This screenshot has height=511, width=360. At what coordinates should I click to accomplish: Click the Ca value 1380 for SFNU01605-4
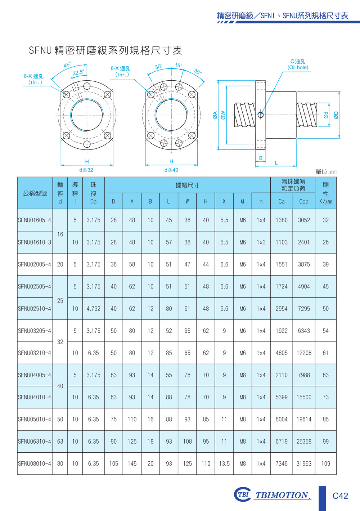click(x=282, y=220)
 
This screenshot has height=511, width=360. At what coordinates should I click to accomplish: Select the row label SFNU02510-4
click(x=35, y=309)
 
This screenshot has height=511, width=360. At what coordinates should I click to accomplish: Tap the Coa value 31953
click(x=304, y=463)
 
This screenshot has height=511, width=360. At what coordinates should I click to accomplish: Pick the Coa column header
click(x=304, y=201)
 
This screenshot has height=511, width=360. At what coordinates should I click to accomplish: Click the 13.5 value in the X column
click(x=224, y=463)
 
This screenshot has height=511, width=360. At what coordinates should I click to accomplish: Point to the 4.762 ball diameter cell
click(x=93, y=309)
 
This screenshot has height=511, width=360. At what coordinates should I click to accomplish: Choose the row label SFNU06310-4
click(x=35, y=441)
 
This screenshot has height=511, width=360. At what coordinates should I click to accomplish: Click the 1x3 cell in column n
click(x=261, y=242)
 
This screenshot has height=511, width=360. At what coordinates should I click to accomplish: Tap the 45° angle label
click(x=67, y=65)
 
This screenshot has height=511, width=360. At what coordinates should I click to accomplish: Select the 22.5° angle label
click(x=78, y=72)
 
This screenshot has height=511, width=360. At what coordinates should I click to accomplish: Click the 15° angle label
click(x=179, y=66)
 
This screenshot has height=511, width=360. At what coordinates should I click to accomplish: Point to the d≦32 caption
click(x=86, y=170)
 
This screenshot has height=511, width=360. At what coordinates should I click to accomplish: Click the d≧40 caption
click(x=171, y=170)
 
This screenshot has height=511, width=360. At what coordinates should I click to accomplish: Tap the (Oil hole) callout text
click(x=298, y=68)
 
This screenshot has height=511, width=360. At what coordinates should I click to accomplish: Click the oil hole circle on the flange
click(x=261, y=115)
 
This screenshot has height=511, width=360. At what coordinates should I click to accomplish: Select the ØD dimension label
click(x=336, y=115)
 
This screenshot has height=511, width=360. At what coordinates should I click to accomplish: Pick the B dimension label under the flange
click(x=261, y=158)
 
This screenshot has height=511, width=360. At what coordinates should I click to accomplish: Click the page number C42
click(x=340, y=496)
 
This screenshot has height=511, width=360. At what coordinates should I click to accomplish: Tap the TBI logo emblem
click(x=243, y=494)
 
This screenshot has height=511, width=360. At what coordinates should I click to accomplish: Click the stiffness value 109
click(x=325, y=463)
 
